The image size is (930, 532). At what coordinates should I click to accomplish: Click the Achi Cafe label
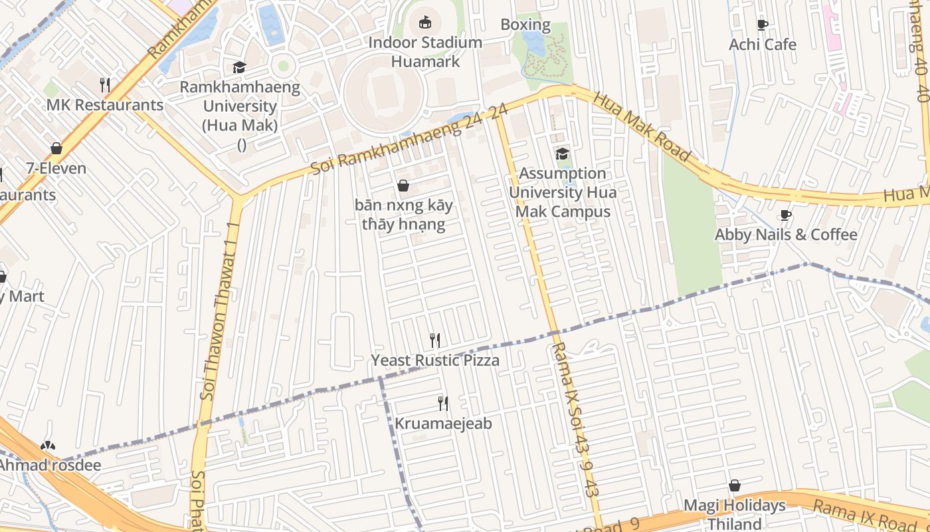762,45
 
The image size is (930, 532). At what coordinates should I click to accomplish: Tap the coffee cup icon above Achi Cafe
762,25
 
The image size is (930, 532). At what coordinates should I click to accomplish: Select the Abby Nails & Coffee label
785,235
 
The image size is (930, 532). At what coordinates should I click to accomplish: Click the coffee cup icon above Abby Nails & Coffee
785,215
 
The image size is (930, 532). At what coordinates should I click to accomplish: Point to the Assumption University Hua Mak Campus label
563,192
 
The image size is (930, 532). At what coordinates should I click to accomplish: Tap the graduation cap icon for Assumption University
562,154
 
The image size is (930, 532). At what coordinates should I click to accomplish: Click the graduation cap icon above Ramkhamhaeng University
239,67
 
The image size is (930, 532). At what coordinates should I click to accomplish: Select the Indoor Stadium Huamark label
425,52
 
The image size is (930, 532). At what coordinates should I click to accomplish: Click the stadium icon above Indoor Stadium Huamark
425,23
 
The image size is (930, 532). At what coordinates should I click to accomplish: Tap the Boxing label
525,25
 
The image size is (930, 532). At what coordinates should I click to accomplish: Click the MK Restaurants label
104,105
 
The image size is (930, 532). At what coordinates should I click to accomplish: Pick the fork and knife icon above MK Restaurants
104,84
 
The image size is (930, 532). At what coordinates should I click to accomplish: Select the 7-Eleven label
56,168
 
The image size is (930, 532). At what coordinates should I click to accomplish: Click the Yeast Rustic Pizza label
435,360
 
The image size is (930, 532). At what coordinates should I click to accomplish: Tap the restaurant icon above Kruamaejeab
443,403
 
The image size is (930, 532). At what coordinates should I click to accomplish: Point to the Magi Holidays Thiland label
734,514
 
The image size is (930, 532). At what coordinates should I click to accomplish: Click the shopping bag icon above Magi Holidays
735,485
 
